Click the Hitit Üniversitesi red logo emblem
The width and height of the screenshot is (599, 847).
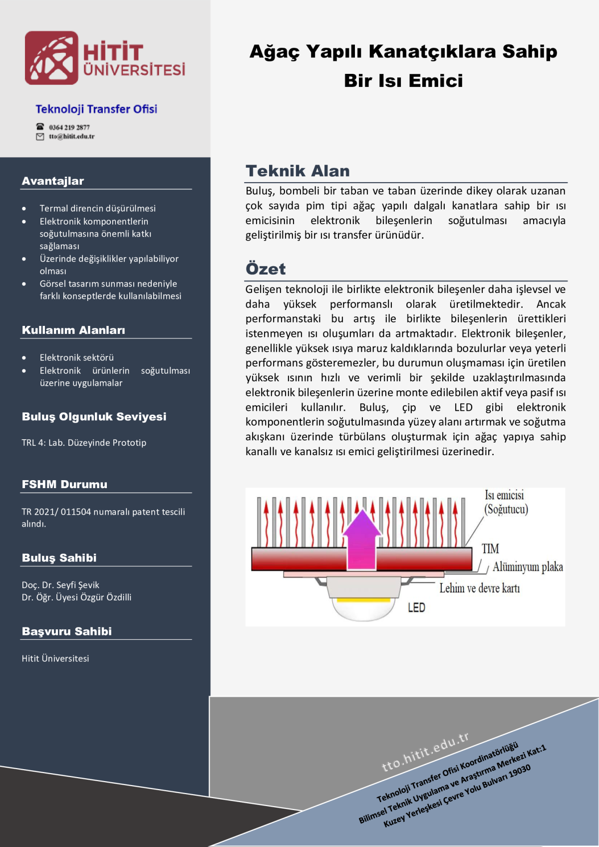(x=51, y=58)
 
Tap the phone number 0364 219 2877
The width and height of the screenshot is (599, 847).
(x=69, y=127)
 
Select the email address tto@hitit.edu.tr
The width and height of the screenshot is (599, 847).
(x=71, y=136)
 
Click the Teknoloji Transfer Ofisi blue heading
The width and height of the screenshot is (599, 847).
(x=96, y=109)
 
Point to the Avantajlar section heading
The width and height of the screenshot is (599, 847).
(x=53, y=181)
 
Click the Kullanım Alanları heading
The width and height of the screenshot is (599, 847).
(x=73, y=330)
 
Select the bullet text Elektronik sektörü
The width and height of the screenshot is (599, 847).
(x=77, y=357)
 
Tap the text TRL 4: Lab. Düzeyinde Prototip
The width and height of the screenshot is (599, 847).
(x=84, y=443)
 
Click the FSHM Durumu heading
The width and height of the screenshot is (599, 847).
(x=64, y=484)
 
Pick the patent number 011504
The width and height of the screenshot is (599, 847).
(x=76, y=512)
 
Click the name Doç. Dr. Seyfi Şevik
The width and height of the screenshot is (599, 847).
(x=60, y=585)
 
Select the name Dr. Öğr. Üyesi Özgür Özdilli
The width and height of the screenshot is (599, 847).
(x=76, y=597)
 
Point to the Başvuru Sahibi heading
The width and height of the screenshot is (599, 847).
(x=67, y=631)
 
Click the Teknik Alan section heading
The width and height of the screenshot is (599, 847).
(x=298, y=171)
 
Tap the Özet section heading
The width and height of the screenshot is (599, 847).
(x=266, y=269)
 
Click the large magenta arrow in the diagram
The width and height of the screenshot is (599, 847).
(x=361, y=539)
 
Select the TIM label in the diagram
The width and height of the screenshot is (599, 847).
(x=490, y=549)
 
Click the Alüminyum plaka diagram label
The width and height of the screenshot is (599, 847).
(x=528, y=567)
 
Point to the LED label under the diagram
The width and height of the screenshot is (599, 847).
(x=416, y=607)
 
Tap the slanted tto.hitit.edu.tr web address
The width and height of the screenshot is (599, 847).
(x=425, y=752)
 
